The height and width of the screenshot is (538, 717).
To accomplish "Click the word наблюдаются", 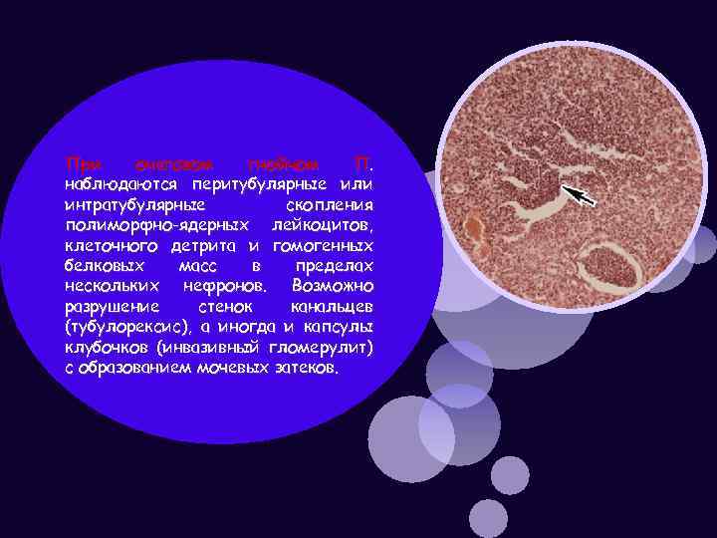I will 117,184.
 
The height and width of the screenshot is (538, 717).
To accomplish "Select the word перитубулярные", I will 259,184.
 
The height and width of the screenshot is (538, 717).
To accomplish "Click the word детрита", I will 204,246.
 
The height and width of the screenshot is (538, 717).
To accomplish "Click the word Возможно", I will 333,286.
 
